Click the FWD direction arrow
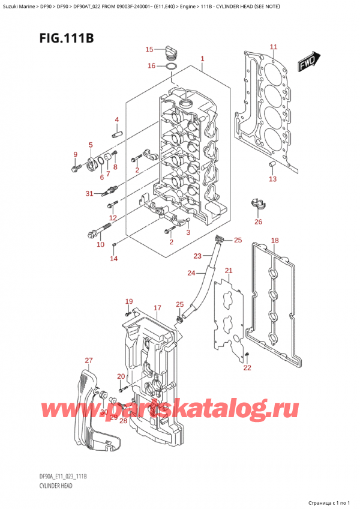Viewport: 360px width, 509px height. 310,61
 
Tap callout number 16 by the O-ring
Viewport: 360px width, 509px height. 152,66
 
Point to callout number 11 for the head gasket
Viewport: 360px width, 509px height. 273,47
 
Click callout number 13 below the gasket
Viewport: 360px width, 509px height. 272,179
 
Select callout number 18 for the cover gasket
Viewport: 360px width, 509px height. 275,241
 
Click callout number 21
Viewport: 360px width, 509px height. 228,271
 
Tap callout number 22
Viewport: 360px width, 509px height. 248,367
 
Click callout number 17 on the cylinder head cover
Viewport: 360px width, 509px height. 157,308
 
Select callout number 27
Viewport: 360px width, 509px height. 89,361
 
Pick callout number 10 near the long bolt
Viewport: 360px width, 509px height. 100,244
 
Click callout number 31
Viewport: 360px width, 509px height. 89,193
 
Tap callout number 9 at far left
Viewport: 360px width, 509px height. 75,155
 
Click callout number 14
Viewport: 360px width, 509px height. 113,258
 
